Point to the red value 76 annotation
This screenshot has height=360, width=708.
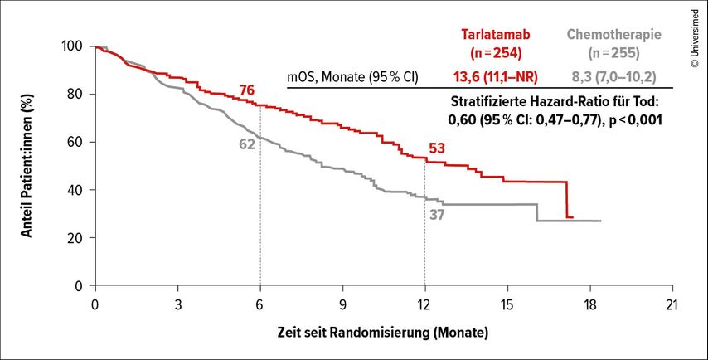(x=245, y=90)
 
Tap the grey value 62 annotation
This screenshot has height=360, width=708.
(x=246, y=144)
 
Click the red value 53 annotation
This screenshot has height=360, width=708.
(x=437, y=148)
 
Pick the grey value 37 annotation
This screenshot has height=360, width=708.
(x=439, y=215)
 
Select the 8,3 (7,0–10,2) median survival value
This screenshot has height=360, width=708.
(x=614, y=76)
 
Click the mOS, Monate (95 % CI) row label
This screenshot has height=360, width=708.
(x=352, y=76)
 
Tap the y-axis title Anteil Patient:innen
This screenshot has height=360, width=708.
(x=27, y=166)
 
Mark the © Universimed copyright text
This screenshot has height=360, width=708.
(x=694, y=33)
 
